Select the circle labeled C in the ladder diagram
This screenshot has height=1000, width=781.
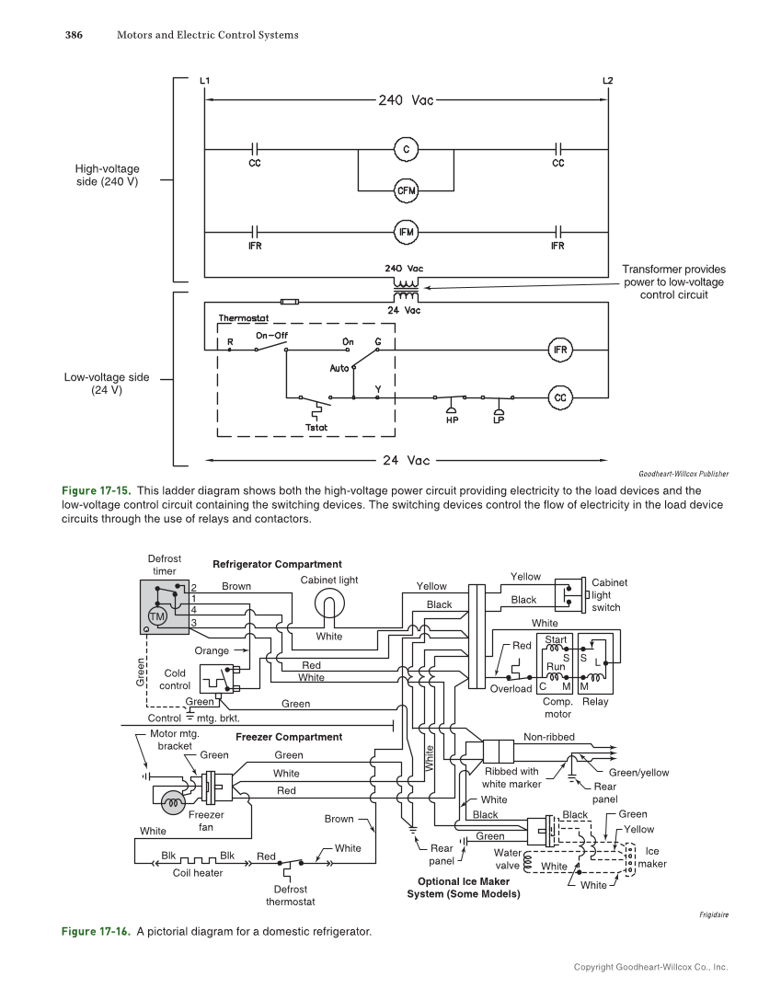pos(406,148)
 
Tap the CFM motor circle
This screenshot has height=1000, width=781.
pos(406,190)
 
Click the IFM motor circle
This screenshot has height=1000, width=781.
pos(406,233)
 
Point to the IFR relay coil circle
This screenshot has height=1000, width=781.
pos(560,350)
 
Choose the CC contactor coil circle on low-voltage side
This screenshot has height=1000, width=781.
pos(560,397)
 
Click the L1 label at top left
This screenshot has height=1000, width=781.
pos(204,81)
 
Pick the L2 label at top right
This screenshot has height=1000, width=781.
pos(607,81)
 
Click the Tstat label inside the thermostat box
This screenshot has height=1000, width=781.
pos(316,427)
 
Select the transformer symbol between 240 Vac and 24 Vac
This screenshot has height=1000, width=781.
pos(406,289)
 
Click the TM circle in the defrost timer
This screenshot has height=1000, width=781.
pos(156,615)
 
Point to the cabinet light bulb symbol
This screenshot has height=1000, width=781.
pos(328,604)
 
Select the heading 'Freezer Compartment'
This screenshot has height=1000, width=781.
pos(289,737)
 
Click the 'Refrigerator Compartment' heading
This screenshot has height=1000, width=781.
pos(277,564)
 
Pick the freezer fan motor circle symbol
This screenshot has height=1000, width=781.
pos(173,802)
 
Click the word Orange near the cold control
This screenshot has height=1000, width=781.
pos(212,650)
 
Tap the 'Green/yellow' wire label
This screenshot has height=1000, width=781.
pos(638,773)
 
